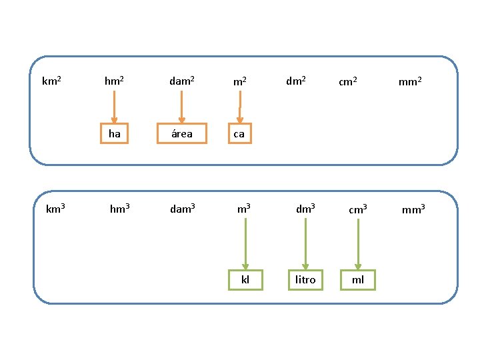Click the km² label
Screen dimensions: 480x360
click(51, 81)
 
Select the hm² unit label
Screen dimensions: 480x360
click(114, 81)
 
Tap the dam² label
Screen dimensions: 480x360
click(182, 81)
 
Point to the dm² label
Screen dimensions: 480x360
click(296, 81)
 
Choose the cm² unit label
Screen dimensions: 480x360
click(348, 81)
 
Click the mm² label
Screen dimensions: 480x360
click(410, 81)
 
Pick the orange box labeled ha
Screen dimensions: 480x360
click(114, 124)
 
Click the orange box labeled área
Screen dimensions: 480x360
click(182, 124)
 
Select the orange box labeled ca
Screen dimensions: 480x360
click(240, 124)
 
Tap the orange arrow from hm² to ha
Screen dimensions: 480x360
click(114, 107)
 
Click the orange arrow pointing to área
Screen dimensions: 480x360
click(181, 107)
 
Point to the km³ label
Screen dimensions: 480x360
click(55, 209)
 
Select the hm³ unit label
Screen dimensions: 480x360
click(120, 209)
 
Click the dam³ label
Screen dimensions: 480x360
click(183, 209)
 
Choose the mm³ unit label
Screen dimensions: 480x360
click(413, 209)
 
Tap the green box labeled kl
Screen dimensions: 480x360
click(245, 270)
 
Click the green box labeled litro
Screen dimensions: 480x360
click(305, 270)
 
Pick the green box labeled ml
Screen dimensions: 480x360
click(358, 270)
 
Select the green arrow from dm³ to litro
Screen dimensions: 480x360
click(305, 244)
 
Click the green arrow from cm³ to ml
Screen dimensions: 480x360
click(358, 244)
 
